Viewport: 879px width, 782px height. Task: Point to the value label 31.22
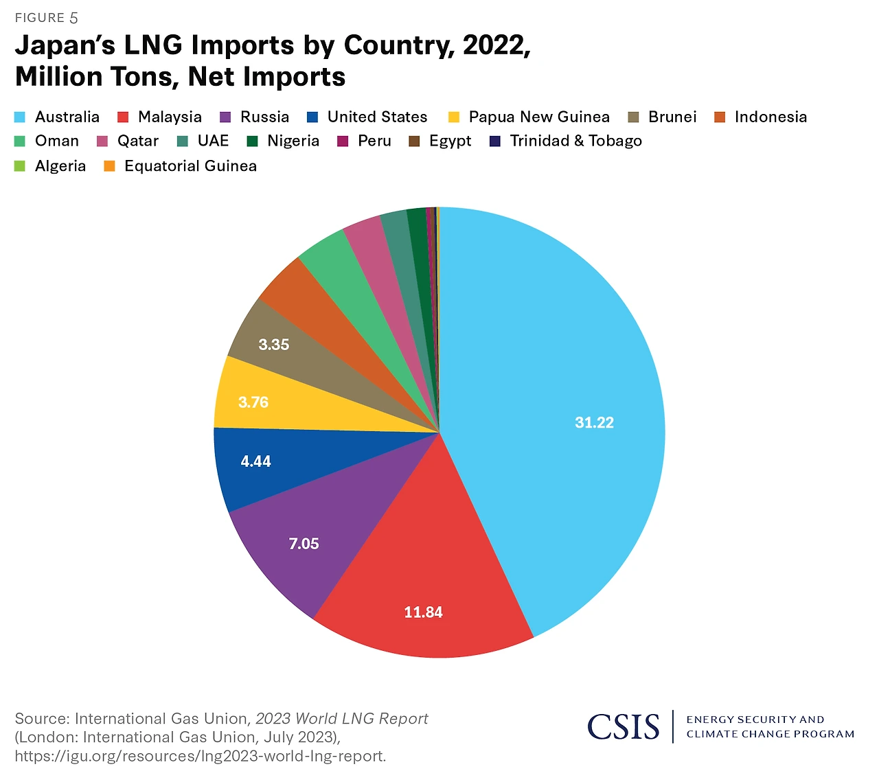pos(594,423)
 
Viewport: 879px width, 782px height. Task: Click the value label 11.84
pos(423,612)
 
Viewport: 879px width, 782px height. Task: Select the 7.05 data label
pos(304,544)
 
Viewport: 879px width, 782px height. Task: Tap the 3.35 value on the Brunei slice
pos(273,345)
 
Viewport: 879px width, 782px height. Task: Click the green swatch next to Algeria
pos(20,166)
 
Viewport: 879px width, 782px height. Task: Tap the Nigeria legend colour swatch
pos(253,141)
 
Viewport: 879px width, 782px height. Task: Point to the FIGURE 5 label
pos(46,18)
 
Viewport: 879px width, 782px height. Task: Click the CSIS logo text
pos(623,726)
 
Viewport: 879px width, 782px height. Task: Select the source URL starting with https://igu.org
pos(200,756)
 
